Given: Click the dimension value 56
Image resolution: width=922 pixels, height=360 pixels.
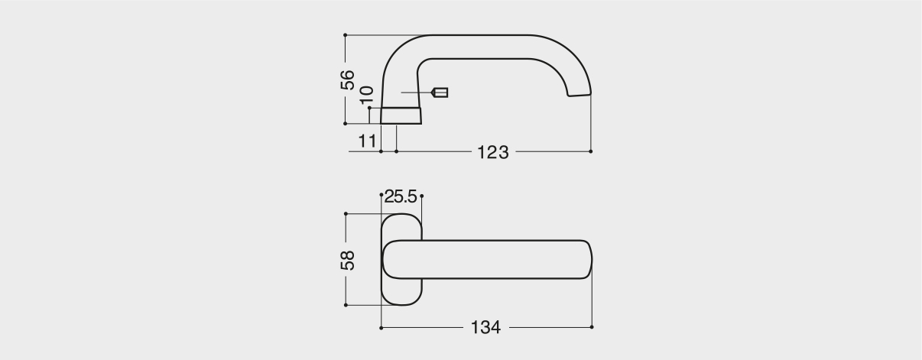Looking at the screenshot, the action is [x=347, y=79].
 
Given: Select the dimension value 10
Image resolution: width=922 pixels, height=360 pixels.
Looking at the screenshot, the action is [x=366, y=95].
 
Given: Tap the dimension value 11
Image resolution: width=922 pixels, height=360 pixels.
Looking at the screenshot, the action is [x=367, y=141].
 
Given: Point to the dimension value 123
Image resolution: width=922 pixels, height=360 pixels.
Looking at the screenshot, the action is [x=492, y=152].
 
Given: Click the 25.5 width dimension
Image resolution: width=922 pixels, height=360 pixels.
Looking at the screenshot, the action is [x=401, y=196].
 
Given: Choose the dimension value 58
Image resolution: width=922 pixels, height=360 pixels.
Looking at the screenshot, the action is [x=347, y=260].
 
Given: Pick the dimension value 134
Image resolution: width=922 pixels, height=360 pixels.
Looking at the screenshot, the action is [x=485, y=327].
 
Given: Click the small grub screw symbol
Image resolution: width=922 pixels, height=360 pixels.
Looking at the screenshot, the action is [x=440, y=92].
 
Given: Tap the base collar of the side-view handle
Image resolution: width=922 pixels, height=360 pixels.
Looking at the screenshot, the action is [x=401, y=115].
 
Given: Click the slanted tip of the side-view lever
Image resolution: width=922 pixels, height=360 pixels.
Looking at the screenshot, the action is [x=579, y=96].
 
